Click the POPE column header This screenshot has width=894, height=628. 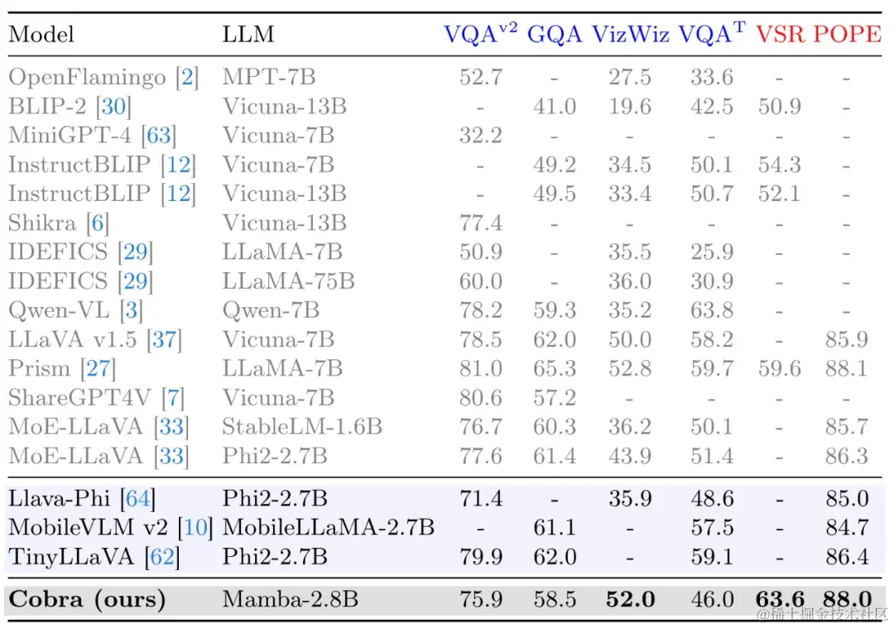[847, 34]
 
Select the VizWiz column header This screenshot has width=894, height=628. [631, 34]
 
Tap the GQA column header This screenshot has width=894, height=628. [555, 34]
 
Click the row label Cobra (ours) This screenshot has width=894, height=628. [87, 599]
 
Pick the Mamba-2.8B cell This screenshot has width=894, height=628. [290, 599]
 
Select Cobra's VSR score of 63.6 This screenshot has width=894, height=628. [779, 599]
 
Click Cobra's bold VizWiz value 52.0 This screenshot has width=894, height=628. [630, 599]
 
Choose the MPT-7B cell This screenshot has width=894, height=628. [268, 78]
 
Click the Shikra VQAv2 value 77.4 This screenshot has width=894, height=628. [480, 223]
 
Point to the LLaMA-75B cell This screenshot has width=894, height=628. [288, 281]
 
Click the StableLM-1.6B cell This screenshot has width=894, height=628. [301, 427]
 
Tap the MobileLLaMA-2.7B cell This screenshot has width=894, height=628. [328, 527]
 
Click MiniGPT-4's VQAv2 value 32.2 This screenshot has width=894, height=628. [480, 136]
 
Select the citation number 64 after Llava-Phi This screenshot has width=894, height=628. [137, 498]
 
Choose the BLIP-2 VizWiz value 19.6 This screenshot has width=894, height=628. [630, 107]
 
